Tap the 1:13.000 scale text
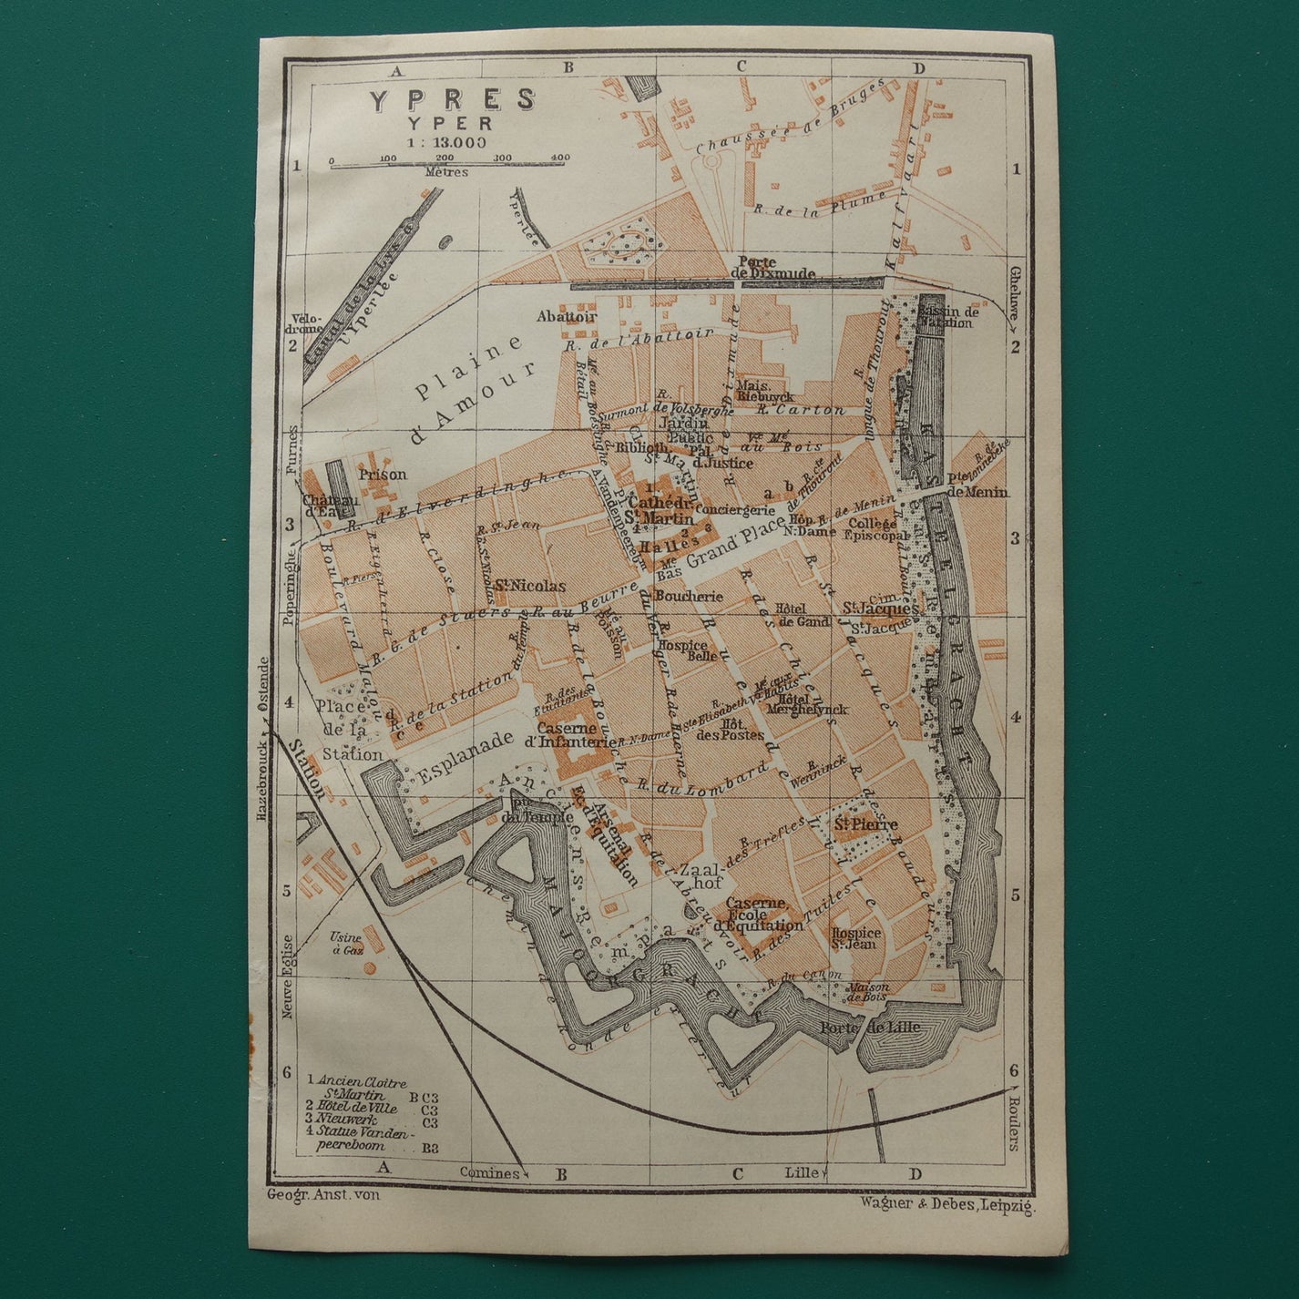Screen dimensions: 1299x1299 [x=447, y=141]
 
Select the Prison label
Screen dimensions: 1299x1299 [x=382, y=475]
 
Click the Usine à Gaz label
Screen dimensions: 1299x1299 [x=348, y=944]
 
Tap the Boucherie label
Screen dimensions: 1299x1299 [x=688, y=597]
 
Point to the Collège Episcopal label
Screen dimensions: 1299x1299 [x=878, y=530]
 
